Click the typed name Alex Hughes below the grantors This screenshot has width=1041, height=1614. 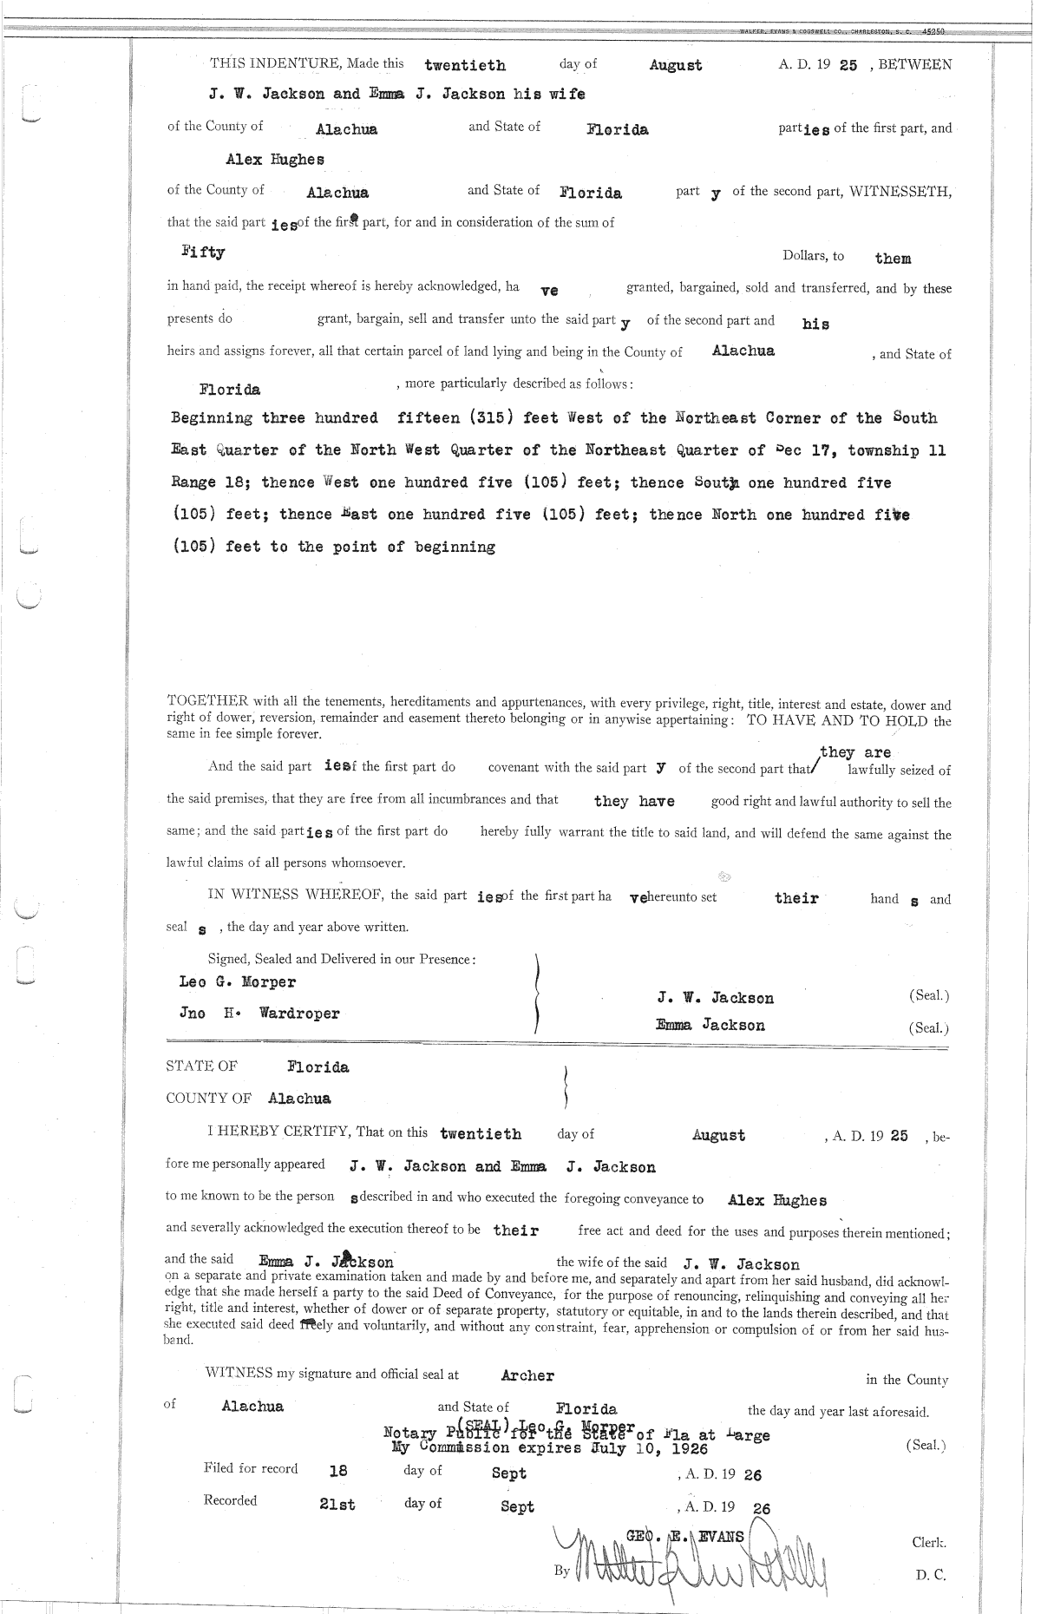click(275, 160)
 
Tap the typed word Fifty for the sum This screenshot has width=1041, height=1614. click(203, 253)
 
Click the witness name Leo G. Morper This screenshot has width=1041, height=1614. click(237, 982)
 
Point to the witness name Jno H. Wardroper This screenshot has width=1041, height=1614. click(259, 1014)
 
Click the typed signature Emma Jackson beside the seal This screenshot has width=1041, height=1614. click(710, 1026)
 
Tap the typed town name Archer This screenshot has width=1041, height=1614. click(527, 1375)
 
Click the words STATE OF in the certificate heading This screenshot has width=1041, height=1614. click(201, 1066)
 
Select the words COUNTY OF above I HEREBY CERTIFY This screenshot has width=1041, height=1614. click(208, 1099)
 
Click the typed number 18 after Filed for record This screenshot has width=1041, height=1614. click(338, 1472)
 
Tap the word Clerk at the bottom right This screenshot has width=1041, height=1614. click(928, 1543)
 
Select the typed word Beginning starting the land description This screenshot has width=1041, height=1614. click(212, 418)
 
